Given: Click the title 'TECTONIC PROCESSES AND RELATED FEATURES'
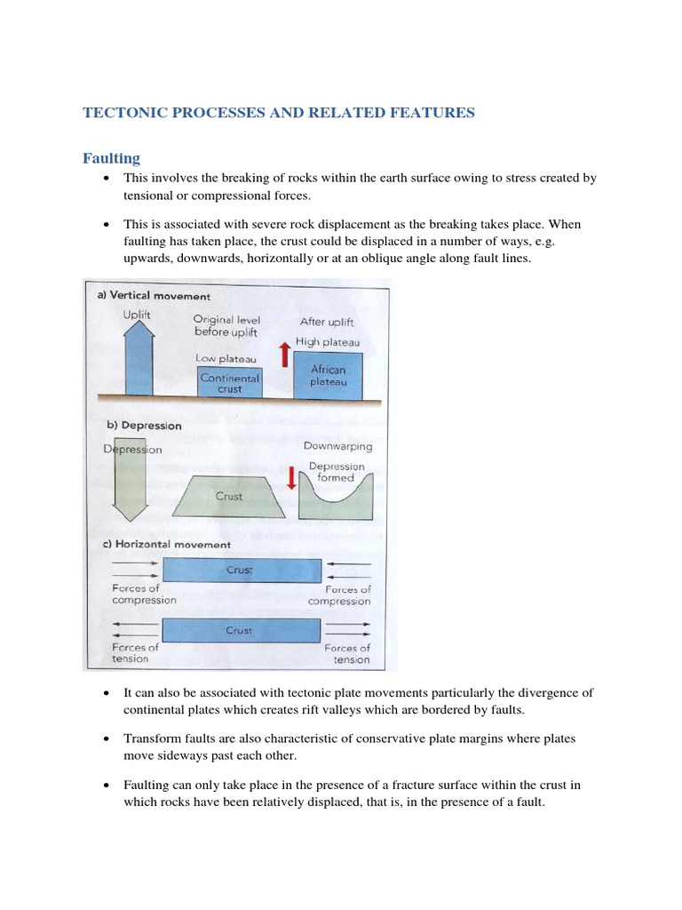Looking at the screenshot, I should [x=279, y=113].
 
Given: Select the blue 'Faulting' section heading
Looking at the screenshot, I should [x=112, y=158].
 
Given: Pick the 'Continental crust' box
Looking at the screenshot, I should [x=229, y=383].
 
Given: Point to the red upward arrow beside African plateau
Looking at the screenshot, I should [x=284, y=355].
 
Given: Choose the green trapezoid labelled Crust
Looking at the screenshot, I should [x=229, y=496].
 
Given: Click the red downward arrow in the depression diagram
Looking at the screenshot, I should [x=290, y=477].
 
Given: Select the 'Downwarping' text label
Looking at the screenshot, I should [x=337, y=446].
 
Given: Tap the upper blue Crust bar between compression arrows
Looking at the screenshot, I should [x=240, y=570].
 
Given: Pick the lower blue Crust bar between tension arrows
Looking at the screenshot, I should [x=240, y=630].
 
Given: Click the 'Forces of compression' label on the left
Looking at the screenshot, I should [x=144, y=594].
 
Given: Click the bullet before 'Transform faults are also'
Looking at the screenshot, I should [x=107, y=739].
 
